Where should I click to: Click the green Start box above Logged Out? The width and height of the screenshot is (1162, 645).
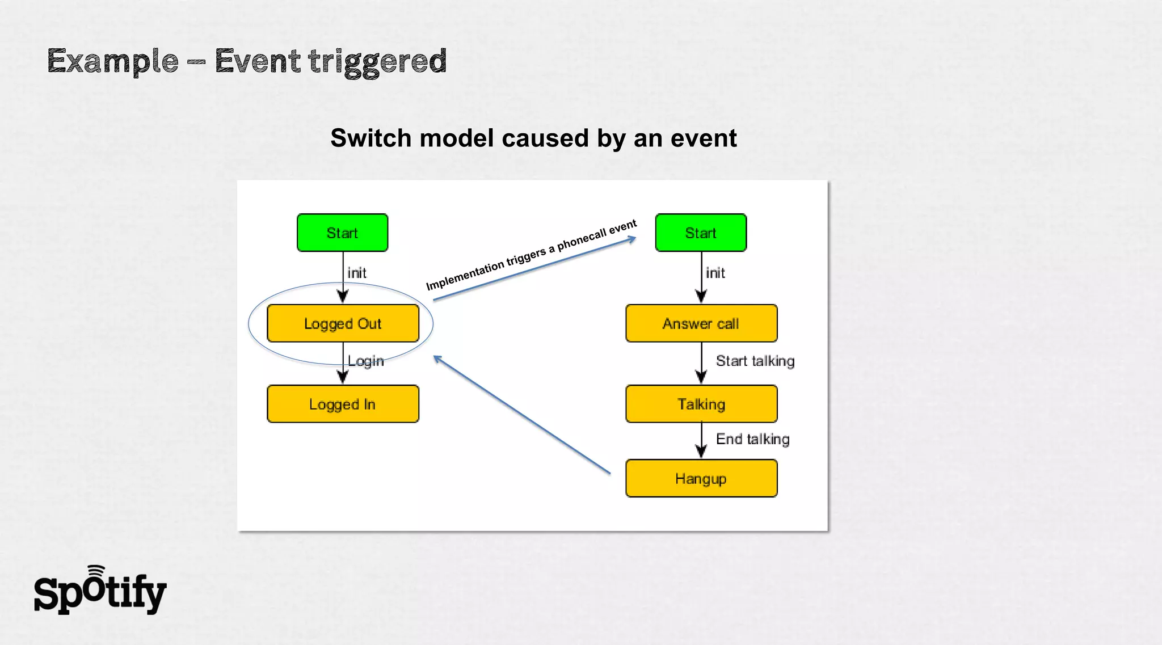[x=342, y=233]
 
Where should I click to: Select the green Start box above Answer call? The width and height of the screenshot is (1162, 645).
[x=701, y=233]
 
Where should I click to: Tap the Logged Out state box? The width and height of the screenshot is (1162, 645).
[x=343, y=323]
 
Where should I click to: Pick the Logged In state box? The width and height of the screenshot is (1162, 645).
[x=343, y=404]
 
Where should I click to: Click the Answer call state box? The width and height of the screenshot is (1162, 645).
[x=701, y=323]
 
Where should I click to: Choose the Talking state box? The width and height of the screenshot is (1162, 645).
[x=701, y=404]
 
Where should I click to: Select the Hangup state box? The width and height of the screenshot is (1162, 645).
[x=701, y=479]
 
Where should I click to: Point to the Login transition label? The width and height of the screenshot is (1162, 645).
[x=366, y=361]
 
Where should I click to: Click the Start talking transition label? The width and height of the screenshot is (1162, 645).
[x=755, y=361]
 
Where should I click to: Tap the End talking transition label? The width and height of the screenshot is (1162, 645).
[x=752, y=439]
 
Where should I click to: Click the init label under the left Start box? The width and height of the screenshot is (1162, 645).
[x=357, y=273]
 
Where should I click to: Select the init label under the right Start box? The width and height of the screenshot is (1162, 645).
[x=715, y=273]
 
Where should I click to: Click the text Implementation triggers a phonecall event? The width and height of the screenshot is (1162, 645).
[x=531, y=255]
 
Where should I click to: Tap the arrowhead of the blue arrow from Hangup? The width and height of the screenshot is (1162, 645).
[x=437, y=359]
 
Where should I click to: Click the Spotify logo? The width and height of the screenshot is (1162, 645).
[x=100, y=591]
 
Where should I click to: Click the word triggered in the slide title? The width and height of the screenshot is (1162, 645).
[x=377, y=61]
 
